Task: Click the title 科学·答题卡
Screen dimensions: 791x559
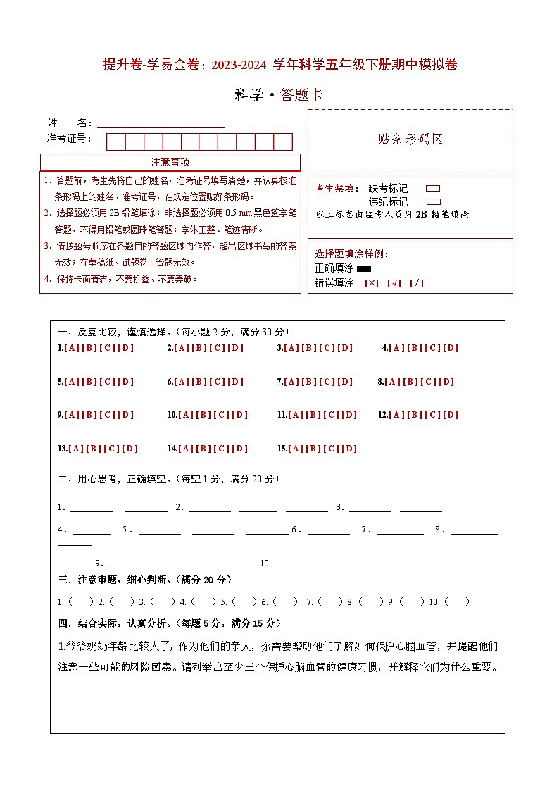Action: [278, 95]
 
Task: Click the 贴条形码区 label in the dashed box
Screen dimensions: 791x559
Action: [410, 139]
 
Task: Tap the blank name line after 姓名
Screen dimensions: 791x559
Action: [161, 123]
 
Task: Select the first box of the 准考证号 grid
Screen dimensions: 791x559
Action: [115, 142]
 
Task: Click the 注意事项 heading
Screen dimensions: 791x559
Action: [170, 162]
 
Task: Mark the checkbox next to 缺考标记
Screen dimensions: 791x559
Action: [433, 189]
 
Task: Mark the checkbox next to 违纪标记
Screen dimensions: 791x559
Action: [433, 201]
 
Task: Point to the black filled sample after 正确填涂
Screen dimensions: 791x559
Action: [364, 268]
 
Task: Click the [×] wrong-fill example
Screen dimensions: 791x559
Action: [372, 283]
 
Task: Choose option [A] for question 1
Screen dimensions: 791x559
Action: [72, 348]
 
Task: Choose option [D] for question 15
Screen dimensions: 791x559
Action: [349, 449]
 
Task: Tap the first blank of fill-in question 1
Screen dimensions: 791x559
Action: [91, 508]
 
